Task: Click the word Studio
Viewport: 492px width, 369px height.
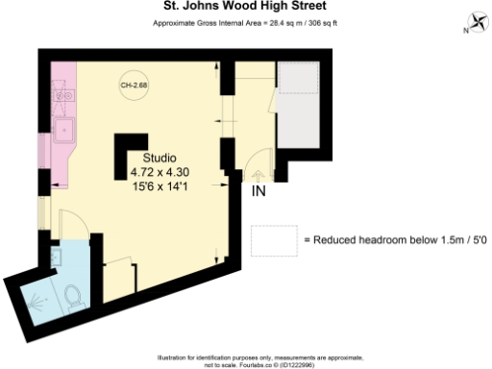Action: pos(160,159)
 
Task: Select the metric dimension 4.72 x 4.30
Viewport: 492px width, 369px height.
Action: pos(160,172)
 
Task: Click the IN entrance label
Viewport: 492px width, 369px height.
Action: pos(259,192)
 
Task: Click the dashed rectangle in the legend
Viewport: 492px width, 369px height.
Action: pos(273,238)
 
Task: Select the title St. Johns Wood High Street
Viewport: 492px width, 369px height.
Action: pos(246,6)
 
